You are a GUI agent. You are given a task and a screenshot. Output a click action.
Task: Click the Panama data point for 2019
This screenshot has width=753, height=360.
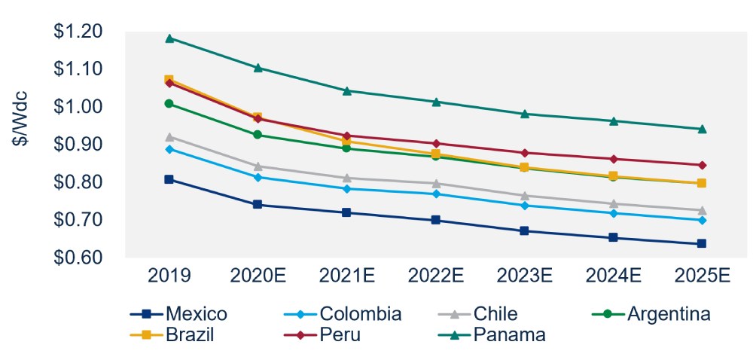pos(169,38)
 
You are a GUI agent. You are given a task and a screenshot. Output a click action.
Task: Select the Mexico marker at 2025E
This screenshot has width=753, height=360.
pos(702,243)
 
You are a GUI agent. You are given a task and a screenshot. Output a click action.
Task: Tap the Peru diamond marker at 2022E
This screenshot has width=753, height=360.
pos(436,143)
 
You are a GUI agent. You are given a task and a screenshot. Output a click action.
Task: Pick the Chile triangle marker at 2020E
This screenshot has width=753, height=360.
pos(258,166)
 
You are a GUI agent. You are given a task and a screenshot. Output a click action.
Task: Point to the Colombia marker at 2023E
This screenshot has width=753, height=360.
pos(525,205)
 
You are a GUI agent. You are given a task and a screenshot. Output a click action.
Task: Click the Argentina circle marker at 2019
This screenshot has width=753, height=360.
pos(169,103)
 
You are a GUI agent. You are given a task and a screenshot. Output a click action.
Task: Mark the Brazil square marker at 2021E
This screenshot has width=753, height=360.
pos(347,140)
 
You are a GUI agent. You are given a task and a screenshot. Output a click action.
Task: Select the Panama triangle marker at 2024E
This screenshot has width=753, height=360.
pos(614,121)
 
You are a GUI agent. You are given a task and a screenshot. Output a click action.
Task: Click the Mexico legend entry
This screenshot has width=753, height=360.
pos(178,314)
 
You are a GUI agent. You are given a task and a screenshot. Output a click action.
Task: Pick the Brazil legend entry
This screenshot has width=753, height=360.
pos(175,334)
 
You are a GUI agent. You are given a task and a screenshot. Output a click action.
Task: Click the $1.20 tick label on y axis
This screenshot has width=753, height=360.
pos(83,32)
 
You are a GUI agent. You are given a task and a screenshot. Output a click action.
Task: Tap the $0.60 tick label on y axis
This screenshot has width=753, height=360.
pos(83,258)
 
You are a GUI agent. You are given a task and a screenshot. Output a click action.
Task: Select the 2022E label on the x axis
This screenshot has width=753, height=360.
pos(436,276)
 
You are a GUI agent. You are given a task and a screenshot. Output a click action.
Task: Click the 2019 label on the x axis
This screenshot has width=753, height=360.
pos(169,276)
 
